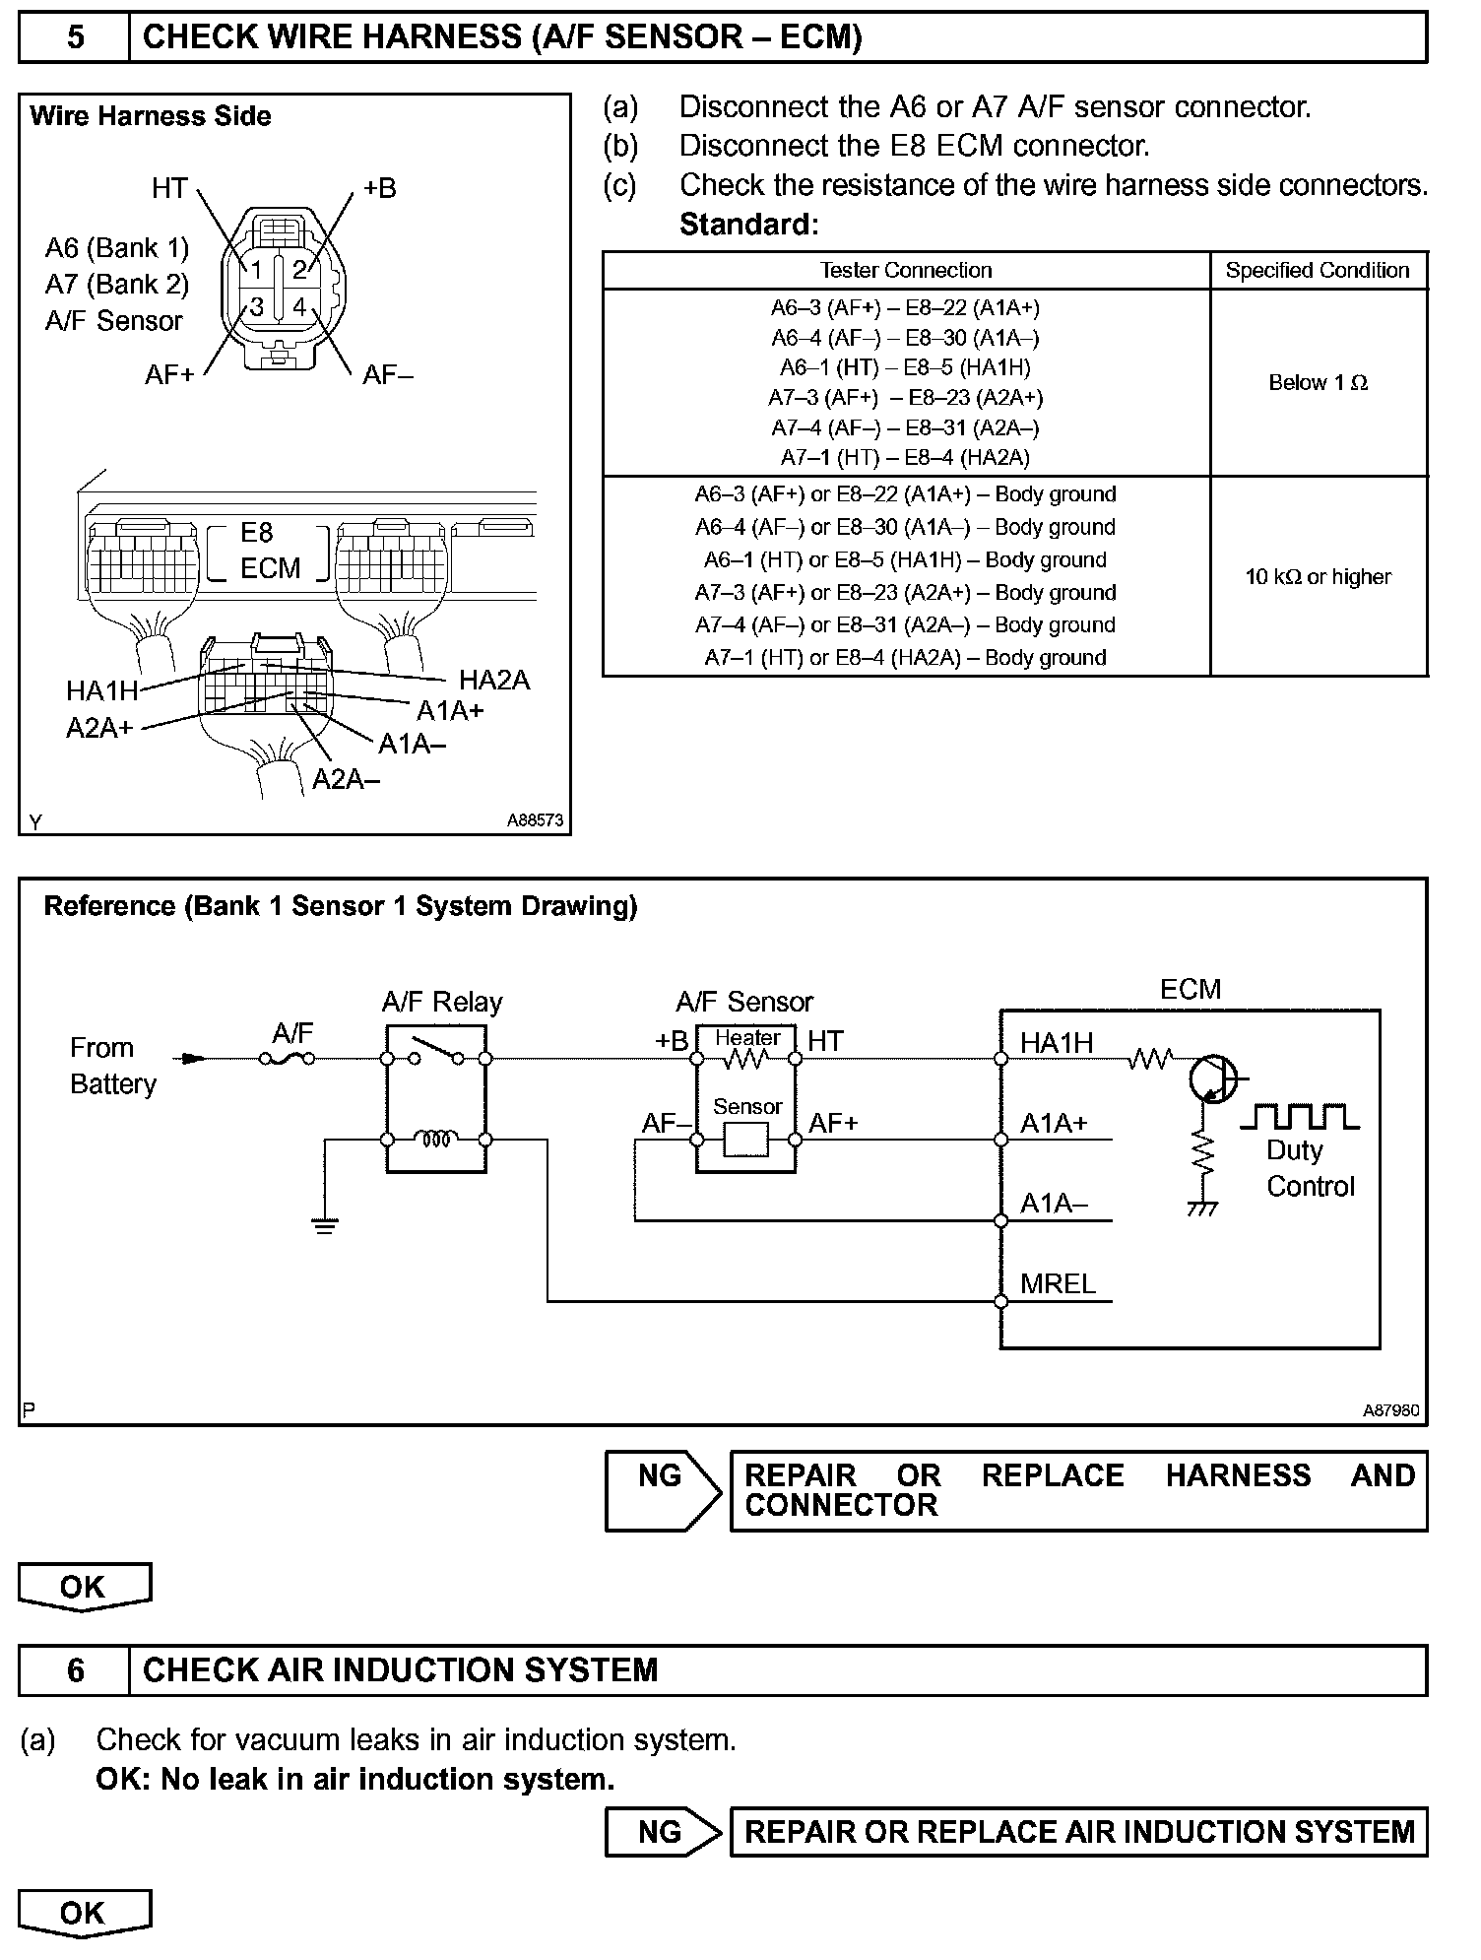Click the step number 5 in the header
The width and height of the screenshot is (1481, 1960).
pos(75,37)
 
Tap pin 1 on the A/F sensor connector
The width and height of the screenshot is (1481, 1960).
pos(255,270)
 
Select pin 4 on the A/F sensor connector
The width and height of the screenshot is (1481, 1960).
pos(298,306)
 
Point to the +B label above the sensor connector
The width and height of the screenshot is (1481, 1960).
pos(380,188)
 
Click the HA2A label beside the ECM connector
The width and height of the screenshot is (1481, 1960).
pos(494,680)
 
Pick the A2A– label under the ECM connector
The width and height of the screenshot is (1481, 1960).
pos(346,779)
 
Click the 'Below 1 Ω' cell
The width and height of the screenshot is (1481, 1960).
pos(1318,383)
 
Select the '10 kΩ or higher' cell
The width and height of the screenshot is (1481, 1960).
pos(1318,577)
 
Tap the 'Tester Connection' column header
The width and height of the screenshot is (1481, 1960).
pos(906,271)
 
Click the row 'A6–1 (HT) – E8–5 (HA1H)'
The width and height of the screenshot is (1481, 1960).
pos(905,367)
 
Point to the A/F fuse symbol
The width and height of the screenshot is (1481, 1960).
pos(288,1059)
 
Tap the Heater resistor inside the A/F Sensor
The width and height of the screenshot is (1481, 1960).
pos(745,1060)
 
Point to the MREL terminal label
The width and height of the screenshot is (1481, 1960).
pos(1058,1283)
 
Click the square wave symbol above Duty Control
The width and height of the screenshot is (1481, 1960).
pos(1300,1116)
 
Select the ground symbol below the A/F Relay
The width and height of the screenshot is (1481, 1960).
pos(324,1226)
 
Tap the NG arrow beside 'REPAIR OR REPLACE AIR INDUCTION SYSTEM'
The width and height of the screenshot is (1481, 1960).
pos(664,1832)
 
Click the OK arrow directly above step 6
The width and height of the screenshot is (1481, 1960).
pos(84,1588)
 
